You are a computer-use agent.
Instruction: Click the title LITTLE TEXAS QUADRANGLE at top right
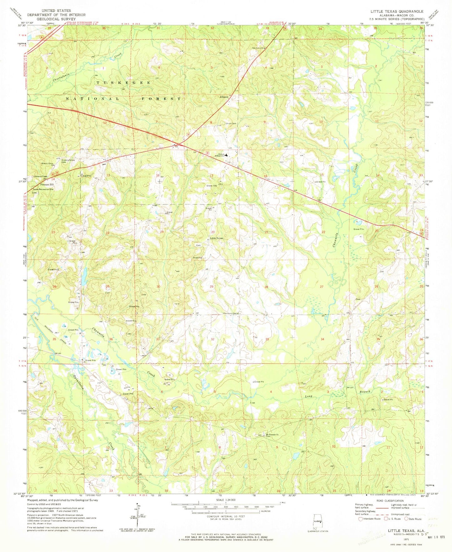(397, 11)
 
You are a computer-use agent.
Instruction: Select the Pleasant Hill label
(41, 184)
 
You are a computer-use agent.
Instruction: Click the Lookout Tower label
(40, 177)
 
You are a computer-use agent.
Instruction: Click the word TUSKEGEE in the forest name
(124, 83)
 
